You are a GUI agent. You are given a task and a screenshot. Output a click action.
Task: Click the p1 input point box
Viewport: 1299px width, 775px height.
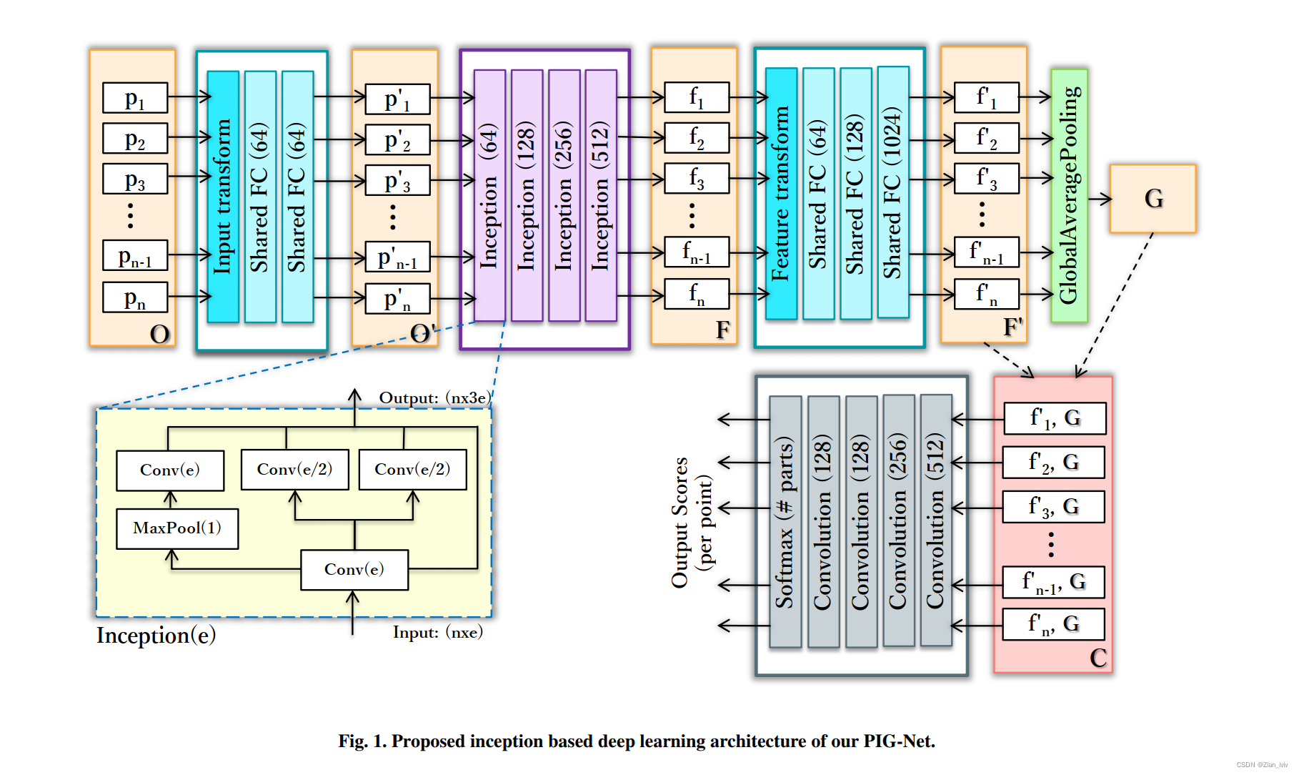click(134, 98)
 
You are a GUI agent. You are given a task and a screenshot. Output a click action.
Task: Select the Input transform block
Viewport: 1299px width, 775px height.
click(223, 197)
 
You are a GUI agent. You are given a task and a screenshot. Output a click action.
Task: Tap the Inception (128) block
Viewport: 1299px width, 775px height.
click(527, 196)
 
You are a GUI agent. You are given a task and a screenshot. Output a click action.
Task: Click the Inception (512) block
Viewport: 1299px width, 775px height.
click(601, 196)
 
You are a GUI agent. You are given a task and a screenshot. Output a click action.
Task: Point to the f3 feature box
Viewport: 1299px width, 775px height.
click(696, 178)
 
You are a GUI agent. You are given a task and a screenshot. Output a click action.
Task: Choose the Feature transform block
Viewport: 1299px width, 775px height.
click(781, 194)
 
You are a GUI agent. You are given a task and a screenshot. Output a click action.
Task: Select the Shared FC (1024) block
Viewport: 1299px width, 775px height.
click(892, 193)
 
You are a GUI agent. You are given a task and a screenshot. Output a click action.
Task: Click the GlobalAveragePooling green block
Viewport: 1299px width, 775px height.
click(1069, 195)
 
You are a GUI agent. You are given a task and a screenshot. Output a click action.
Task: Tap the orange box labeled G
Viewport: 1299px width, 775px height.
click(1153, 199)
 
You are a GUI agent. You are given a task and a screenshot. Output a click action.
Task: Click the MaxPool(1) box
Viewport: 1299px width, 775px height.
click(177, 528)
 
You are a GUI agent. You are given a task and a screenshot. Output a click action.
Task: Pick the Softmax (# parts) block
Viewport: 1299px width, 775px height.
click(785, 522)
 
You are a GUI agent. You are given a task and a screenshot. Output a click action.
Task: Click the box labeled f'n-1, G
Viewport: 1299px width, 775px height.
click(1053, 582)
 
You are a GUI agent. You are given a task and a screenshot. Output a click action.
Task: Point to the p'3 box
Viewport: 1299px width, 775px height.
click(397, 180)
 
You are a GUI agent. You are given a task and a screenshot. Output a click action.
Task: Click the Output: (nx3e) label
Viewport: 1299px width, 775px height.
click(434, 398)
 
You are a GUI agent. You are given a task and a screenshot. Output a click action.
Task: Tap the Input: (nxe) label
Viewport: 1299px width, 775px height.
click(437, 632)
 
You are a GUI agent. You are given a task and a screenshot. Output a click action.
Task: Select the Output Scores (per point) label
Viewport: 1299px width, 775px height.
click(691, 522)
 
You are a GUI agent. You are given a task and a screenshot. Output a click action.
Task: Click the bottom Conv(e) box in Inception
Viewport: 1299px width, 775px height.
click(354, 570)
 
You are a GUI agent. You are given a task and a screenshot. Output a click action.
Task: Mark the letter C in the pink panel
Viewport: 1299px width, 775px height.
click(1098, 658)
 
